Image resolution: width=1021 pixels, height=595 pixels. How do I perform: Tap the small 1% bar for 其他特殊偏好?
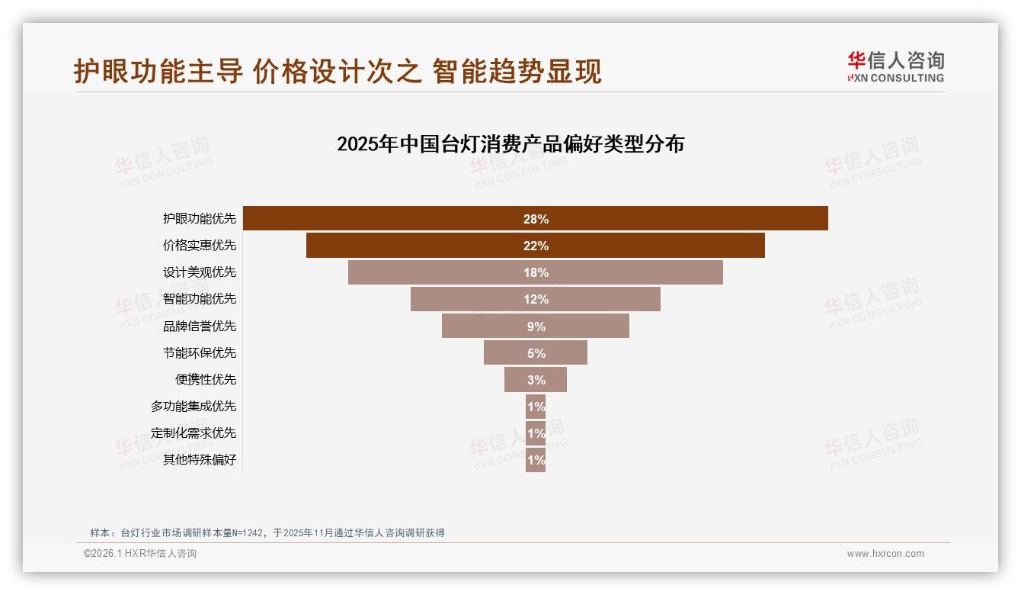pos(536,460)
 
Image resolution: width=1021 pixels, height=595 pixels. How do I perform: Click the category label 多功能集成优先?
pos(194,407)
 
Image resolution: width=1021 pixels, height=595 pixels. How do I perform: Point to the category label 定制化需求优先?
pos(194,433)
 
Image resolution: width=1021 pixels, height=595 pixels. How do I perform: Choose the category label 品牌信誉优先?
pos(200,326)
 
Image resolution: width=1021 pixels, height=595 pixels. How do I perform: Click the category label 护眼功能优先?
pos(200,219)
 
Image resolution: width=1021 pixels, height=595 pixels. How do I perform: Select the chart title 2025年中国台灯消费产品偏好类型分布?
pos(510,144)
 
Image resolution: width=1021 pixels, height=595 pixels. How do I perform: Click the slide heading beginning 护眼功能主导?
pos(338,71)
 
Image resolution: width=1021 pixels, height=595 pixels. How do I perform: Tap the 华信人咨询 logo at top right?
pos(895,66)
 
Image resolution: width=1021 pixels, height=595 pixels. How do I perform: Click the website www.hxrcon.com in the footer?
pos(885,554)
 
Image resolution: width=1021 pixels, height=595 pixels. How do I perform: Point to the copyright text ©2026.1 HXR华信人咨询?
pos(140,554)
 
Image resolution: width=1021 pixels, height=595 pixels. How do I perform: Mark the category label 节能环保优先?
pos(200,352)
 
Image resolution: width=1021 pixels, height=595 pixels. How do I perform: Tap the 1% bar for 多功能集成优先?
pos(536,407)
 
